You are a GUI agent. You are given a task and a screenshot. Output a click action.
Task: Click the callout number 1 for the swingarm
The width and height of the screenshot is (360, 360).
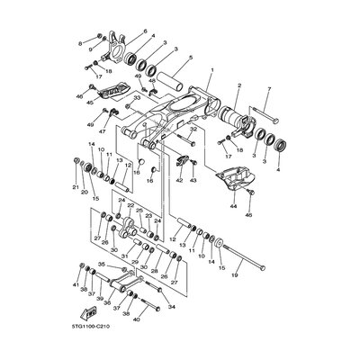[x=211, y=68]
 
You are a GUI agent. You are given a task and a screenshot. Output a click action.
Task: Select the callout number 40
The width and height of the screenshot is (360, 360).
[x=136, y=319]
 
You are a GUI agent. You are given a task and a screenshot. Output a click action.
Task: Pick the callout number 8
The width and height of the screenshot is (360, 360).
[x=80, y=42]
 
